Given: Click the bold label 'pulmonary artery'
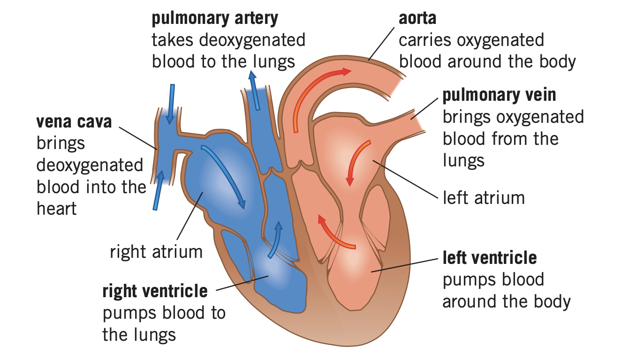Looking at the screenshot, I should coord(215,19).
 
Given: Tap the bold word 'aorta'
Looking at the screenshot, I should coord(417,19).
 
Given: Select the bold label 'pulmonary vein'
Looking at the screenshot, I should coord(499,95).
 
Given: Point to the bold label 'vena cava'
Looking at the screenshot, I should coord(74,122).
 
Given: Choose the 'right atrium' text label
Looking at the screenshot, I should coord(156,252).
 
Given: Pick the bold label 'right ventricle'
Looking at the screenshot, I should coord(155,291).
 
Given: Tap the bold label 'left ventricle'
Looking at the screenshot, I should coord(490,258).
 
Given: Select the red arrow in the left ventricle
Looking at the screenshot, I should coord(335,232).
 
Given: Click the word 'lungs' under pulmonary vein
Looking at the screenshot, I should coord(463,161).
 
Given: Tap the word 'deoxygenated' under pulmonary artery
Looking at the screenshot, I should coord(252,40).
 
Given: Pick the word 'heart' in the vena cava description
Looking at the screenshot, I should coord(56,209).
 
